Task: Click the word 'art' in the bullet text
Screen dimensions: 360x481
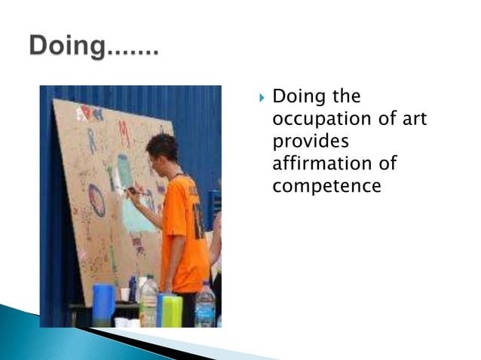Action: coord(411,119)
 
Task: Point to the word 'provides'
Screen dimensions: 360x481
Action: coord(307,142)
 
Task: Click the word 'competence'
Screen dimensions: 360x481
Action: coord(326,185)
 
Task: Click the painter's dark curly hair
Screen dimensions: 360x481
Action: coord(162,146)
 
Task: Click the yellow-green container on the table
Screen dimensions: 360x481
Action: coord(173,310)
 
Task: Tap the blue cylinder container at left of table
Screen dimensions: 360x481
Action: coord(103,304)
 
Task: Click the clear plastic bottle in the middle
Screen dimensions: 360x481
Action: coord(149,301)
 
